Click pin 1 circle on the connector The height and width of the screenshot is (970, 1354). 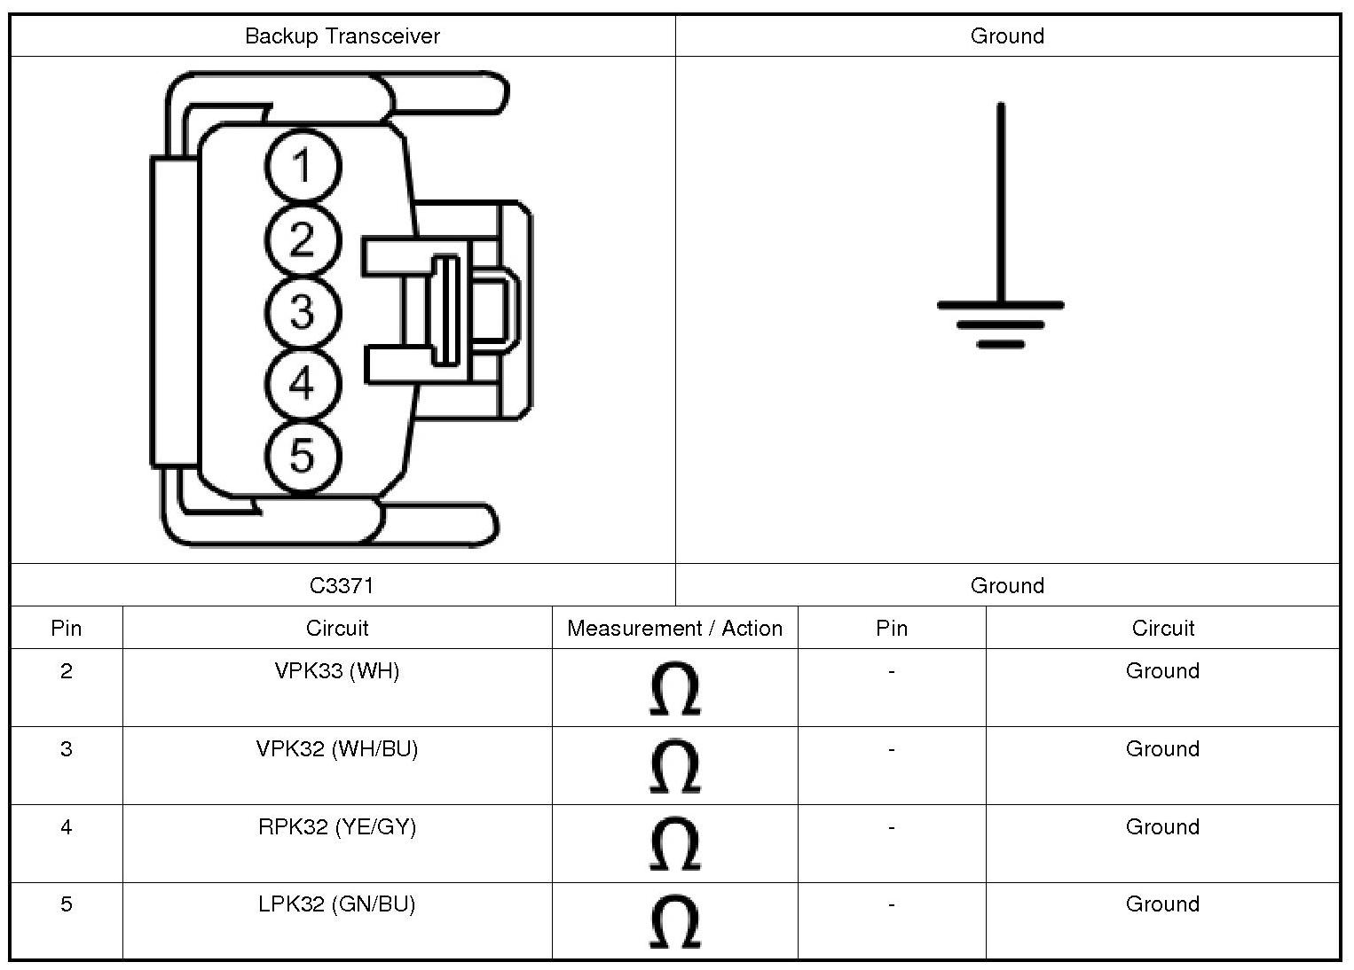(x=302, y=167)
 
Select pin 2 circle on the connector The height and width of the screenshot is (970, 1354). (x=302, y=239)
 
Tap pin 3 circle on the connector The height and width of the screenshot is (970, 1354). (x=302, y=312)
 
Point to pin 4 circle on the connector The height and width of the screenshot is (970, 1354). (x=302, y=385)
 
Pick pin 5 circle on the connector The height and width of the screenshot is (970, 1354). (x=302, y=457)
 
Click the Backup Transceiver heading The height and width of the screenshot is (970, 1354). (x=342, y=36)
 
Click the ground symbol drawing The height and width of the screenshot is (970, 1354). (x=1001, y=266)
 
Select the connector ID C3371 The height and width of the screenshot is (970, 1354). (x=342, y=585)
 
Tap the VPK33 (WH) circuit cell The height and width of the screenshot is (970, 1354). (x=337, y=671)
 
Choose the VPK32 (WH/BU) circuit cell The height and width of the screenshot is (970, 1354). (x=337, y=749)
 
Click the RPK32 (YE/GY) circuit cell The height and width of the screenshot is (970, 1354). (x=337, y=827)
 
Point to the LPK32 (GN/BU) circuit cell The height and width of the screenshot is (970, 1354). (x=337, y=904)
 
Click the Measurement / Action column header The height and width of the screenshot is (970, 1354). (x=674, y=629)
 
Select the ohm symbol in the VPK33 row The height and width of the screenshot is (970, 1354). (x=674, y=689)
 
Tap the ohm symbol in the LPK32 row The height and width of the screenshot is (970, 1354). (x=674, y=922)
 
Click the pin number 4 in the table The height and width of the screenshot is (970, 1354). (x=67, y=827)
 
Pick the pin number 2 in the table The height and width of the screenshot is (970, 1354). (x=67, y=671)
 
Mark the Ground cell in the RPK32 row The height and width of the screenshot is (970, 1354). (x=1162, y=827)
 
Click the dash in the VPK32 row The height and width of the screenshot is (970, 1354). (x=891, y=749)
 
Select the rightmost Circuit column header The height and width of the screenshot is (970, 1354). (x=1162, y=629)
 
